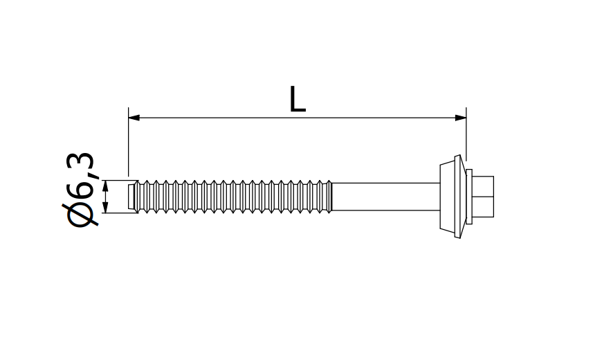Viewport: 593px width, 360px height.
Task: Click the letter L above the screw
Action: point(298,100)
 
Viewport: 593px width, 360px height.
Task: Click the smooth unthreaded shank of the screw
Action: point(387,197)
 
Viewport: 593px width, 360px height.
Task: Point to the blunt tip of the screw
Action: point(133,197)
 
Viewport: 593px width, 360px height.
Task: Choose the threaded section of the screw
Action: point(235,197)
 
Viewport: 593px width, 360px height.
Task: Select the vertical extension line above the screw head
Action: point(466,135)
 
